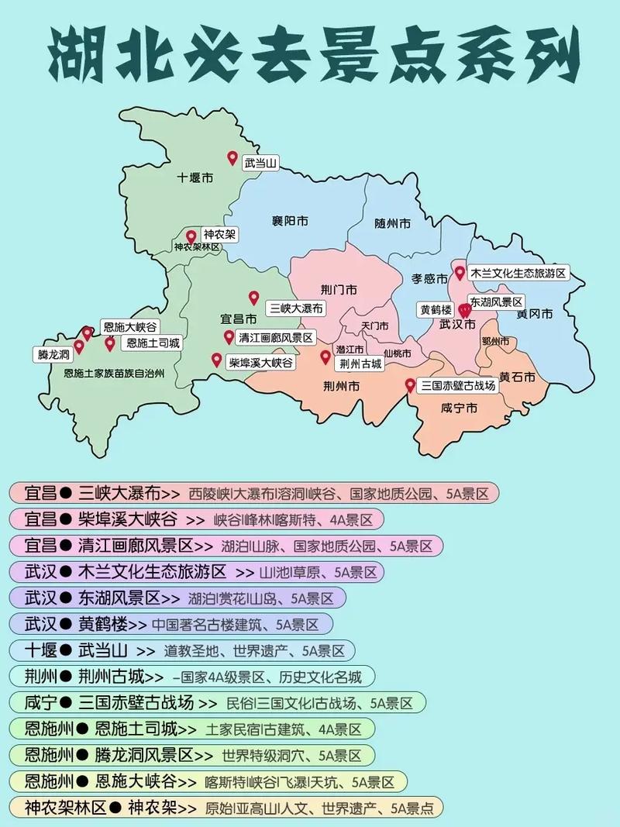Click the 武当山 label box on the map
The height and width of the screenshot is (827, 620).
click(260, 164)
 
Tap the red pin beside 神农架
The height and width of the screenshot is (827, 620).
click(191, 236)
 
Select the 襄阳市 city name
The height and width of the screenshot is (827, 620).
click(290, 222)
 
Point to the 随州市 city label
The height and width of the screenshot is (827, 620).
click(392, 223)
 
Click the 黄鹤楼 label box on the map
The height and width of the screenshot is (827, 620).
click(435, 308)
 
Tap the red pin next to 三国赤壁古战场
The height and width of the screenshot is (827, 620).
click(410, 385)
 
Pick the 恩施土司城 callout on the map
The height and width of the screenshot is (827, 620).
click(153, 343)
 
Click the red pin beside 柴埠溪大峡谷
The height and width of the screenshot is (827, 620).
click(216, 360)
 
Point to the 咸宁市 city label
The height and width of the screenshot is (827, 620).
click(458, 408)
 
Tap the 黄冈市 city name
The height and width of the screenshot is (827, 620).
click(535, 315)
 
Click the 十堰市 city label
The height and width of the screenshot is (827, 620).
click(195, 177)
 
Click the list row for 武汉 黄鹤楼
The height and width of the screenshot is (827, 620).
click(170, 624)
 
